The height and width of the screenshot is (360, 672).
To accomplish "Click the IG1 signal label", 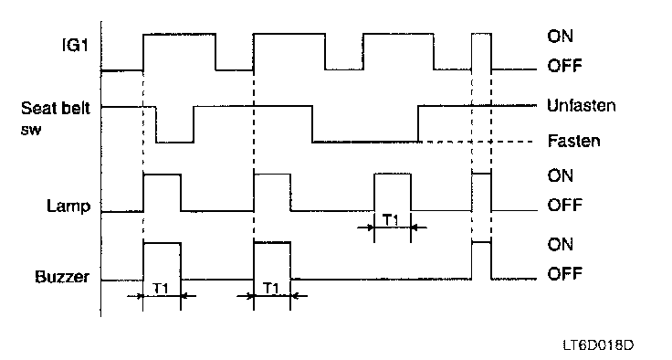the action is (76, 44).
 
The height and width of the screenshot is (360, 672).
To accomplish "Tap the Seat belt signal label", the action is (56, 108).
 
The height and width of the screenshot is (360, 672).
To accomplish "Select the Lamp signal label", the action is (68, 206).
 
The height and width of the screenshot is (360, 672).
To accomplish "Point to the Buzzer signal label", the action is (62, 277).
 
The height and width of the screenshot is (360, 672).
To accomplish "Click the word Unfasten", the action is (581, 106).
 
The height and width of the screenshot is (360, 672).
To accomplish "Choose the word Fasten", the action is (573, 141).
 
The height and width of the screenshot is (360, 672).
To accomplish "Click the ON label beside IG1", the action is (560, 36).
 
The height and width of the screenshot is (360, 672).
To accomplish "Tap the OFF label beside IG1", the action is (564, 66).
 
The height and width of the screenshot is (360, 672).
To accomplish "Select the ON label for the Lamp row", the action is (560, 175).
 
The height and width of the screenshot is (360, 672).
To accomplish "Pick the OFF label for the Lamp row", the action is (564, 205).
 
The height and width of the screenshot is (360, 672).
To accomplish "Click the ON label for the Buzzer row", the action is (560, 244).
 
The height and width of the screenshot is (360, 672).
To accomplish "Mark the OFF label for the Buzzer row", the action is (564, 273).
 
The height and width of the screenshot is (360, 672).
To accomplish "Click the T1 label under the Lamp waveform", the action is (391, 220).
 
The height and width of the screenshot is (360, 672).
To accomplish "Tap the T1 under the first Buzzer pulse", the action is (161, 289).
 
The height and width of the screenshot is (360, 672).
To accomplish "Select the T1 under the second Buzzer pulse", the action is (271, 288).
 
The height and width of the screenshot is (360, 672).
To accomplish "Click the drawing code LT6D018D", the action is (598, 345).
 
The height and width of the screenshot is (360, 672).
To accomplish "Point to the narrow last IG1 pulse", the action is (481, 33).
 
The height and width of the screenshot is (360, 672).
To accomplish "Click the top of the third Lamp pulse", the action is (393, 174).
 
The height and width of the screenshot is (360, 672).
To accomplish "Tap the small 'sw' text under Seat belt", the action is (31, 130).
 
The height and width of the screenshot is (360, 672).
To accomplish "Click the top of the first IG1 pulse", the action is (179, 34).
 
